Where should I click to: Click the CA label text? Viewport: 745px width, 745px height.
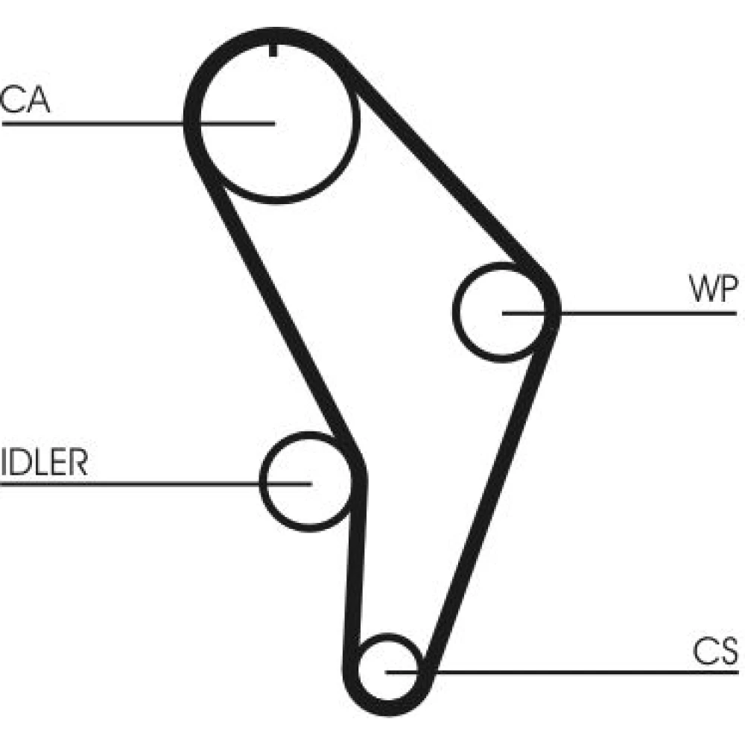(x=25, y=101)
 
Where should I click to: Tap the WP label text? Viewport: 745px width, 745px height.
(x=712, y=290)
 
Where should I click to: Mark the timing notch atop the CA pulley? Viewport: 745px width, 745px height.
(x=274, y=50)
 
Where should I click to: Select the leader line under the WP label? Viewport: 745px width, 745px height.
(x=648, y=313)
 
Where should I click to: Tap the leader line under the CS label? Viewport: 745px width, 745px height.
(x=596, y=671)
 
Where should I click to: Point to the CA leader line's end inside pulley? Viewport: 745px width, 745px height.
(x=273, y=123)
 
